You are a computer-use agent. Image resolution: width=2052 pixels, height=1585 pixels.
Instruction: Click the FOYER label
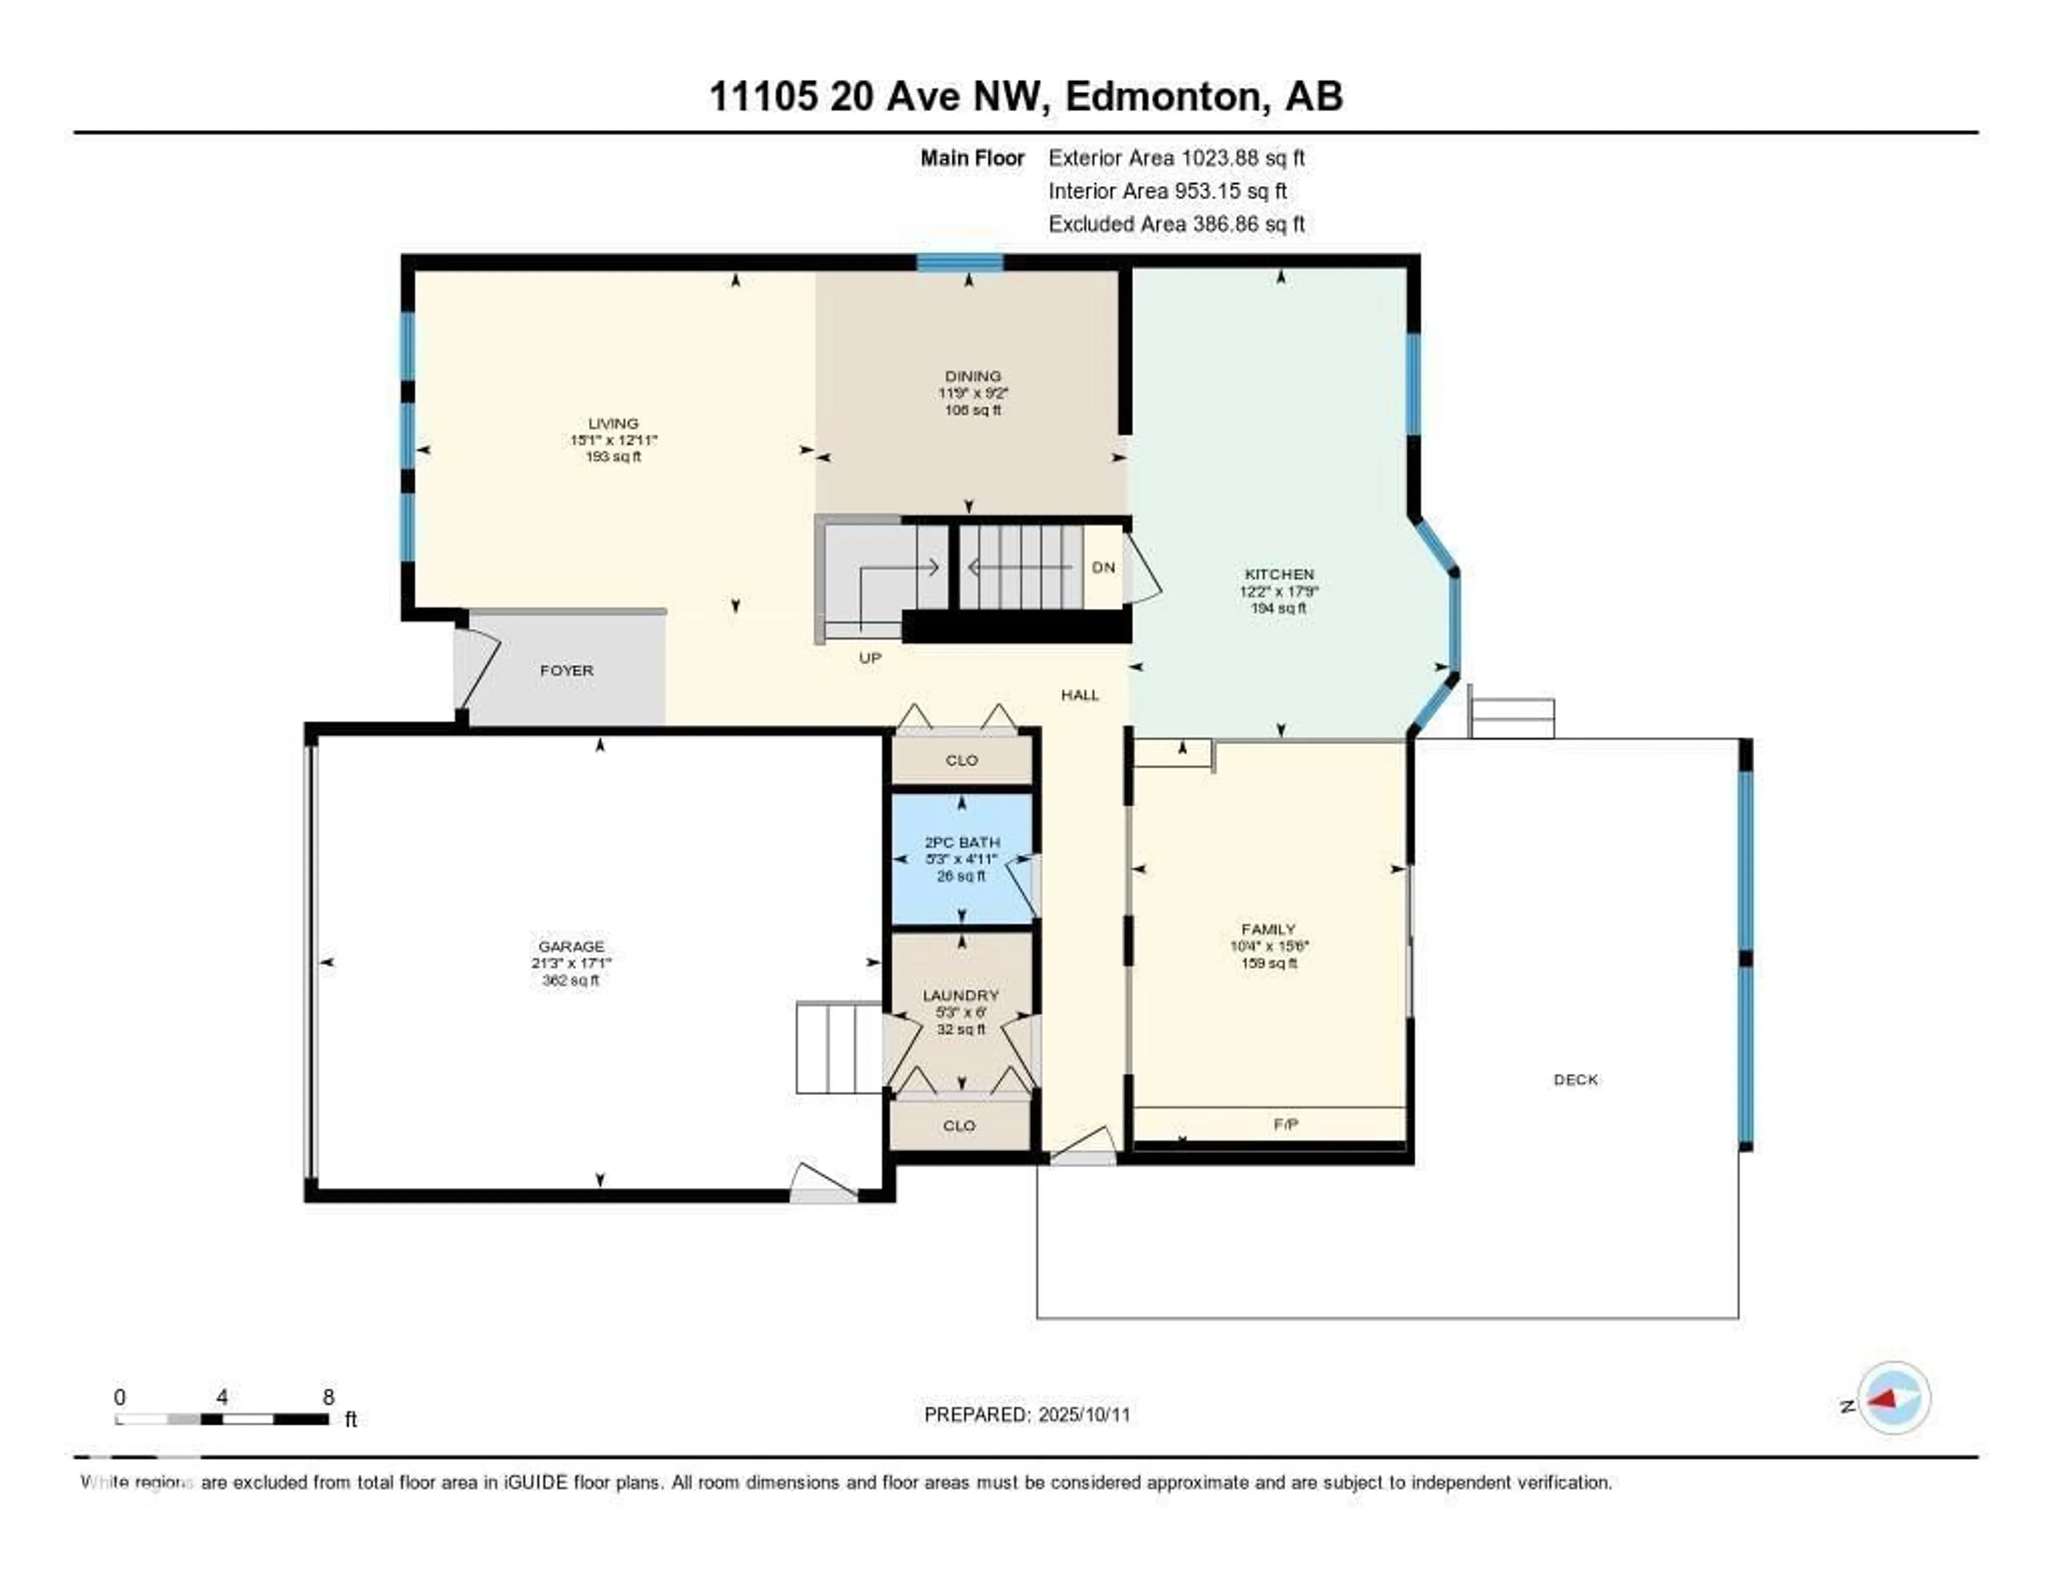pos(566,671)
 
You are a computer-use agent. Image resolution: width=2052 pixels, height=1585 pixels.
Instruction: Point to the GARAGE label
pos(571,946)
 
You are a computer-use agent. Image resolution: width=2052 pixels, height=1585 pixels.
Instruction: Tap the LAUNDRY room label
pos(960,995)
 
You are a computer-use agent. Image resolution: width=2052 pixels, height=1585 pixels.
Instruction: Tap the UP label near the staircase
pos(870,658)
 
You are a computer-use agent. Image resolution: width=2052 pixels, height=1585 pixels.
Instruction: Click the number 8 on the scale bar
pos(328,1397)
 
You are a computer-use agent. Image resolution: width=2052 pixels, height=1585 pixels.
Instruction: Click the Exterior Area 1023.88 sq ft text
pos(1176,158)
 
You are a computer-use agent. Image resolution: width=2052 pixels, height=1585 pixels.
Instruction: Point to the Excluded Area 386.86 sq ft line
pos(1176,223)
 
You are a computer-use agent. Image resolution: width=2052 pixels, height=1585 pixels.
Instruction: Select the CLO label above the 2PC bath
pos(961,760)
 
